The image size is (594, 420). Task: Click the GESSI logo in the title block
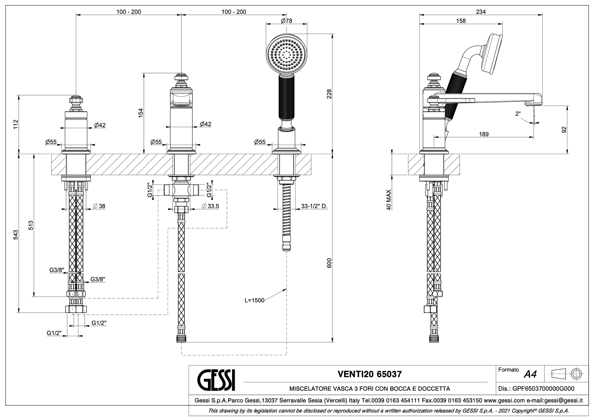click(216, 380)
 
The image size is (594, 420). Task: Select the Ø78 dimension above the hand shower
click(287, 21)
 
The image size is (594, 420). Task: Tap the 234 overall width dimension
click(481, 12)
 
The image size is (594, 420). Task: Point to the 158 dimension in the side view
click(461, 21)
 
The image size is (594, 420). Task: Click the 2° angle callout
click(518, 114)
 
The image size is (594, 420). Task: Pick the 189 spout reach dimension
click(484, 134)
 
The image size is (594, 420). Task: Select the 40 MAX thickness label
click(389, 200)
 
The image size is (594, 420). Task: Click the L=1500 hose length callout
click(254, 300)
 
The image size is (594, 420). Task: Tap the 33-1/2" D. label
click(314, 206)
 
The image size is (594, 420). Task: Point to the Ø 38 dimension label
click(99, 206)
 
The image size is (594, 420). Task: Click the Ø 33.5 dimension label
click(210, 206)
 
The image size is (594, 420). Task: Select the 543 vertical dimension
click(16, 235)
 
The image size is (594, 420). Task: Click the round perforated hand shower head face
click(286, 55)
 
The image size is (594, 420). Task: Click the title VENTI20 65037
click(370, 374)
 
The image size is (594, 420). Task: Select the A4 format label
click(530, 374)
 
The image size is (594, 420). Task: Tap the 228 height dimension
click(329, 94)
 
